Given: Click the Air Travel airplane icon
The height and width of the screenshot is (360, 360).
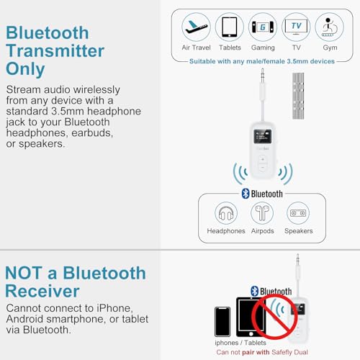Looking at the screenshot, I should point(196,27).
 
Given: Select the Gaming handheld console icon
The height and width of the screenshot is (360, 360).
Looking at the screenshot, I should point(262,27).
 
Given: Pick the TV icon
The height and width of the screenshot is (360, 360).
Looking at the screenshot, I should point(296,27).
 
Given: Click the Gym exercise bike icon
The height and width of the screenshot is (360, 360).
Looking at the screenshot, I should point(328,27).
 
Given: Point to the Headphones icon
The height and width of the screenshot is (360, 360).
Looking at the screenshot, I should point(226,213).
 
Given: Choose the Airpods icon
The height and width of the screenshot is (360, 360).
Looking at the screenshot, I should point(262,213).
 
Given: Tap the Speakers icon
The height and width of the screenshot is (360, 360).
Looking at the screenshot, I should point(298,213).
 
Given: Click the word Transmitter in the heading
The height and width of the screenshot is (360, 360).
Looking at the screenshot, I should point(55,51).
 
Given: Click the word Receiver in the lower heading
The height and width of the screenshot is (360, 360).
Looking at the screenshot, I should point(42,292).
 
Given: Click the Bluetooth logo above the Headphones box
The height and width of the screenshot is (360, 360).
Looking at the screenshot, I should point(246,193).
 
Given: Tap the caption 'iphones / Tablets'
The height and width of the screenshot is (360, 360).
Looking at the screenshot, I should point(241,343).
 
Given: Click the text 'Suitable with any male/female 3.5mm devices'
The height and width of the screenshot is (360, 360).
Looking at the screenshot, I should point(262,61).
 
